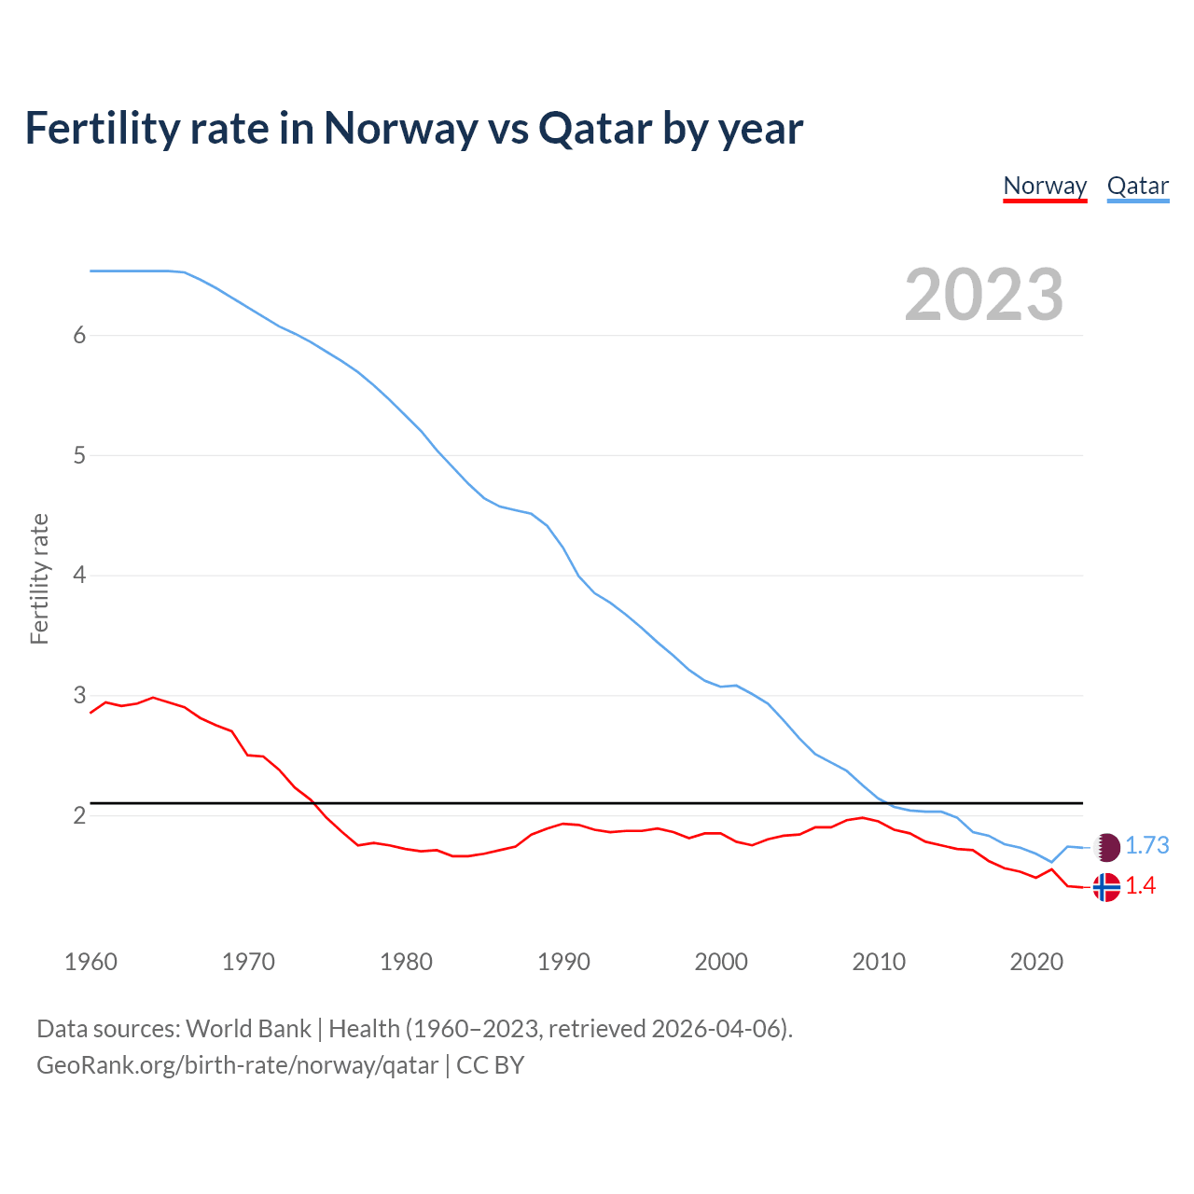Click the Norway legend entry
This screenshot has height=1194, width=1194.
coord(1045,186)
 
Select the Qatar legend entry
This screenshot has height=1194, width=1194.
coord(1137,186)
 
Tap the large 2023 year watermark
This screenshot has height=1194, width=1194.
coord(983,295)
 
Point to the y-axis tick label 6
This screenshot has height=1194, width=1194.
coord(79,336)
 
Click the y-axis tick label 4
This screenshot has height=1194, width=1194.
coord(79,576)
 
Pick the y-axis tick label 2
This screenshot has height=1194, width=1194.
coord(79,816)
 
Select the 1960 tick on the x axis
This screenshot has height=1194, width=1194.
coord(90,962)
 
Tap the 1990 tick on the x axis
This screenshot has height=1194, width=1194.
coord(563,962)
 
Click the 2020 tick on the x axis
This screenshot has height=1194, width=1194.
coord(1036,962)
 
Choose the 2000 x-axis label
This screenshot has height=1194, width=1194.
coord(721,962)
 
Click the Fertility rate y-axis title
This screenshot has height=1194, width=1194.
coord(39,578)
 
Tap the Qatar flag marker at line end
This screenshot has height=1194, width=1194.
coord(1106,846)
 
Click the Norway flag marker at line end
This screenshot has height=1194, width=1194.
coord(1106,886)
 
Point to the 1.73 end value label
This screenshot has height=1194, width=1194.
coord(1146,845)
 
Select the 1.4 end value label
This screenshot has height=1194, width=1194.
coord(1140,886)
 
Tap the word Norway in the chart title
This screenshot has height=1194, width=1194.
coord(400,129)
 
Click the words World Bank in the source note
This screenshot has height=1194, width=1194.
coord(248,1029)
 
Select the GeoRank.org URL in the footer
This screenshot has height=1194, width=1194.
coord(237,1065)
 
